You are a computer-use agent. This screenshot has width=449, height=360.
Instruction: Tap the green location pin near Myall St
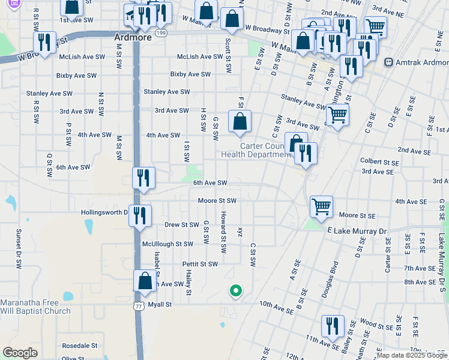236,291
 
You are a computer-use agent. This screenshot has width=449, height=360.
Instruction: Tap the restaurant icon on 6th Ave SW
144,178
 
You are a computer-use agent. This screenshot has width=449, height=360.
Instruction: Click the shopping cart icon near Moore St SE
322,206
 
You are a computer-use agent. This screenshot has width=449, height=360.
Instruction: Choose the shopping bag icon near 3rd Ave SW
240,121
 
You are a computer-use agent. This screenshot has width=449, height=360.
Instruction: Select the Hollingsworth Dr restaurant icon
140,215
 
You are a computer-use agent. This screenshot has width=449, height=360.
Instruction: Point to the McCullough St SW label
167,244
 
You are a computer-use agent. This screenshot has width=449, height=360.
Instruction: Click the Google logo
20,352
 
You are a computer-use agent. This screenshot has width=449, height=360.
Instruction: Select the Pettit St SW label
199,264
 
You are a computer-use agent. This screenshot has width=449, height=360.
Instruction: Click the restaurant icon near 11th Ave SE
333,326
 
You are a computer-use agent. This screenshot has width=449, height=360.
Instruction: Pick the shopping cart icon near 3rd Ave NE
375,26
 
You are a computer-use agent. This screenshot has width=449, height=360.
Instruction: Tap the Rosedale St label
79,346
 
